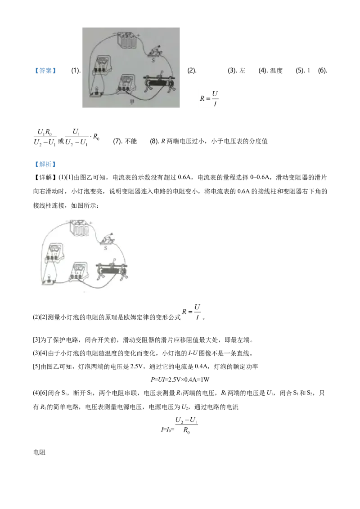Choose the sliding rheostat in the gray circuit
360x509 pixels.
(x=158, y=84)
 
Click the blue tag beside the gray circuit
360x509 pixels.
(x=45, y=71)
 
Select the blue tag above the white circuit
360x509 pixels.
(x=45, y=165)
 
